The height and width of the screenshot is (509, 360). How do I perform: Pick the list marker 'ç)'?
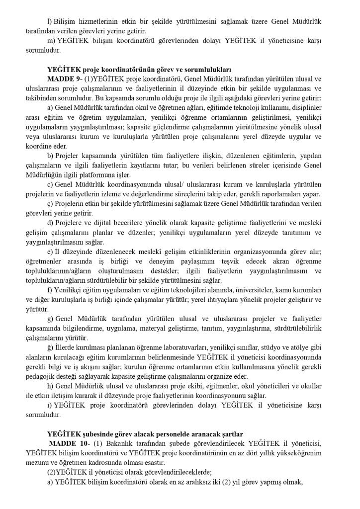[x=50, y=204]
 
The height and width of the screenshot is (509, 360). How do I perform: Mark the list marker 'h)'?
[x=50, y=387]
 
